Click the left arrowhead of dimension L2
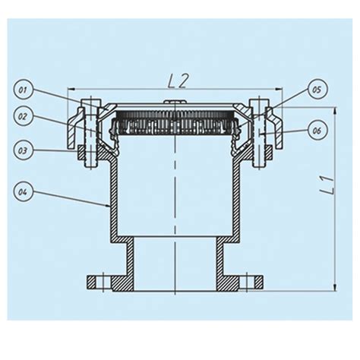(71, 87)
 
